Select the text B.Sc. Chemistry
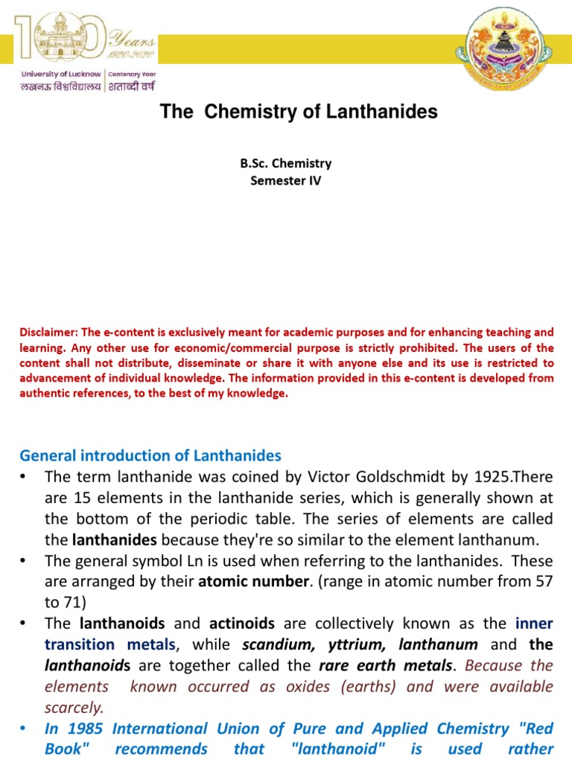pos(286,163)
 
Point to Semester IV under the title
pos(286,180)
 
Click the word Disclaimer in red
pos(45,332)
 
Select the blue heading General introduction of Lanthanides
pos(150,455)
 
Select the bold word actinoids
pos(242,623)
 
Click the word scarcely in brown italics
pos(74,707)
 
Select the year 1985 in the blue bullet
pos(82,729)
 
